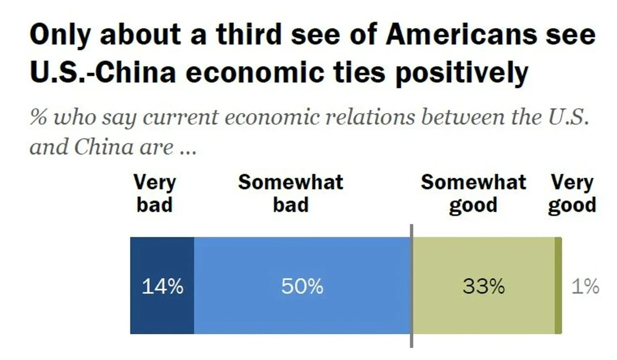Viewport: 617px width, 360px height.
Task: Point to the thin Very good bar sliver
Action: tap(558, 286)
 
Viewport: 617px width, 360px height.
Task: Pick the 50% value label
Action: tap(302, 287)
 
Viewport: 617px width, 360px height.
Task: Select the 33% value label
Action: tap(484, 287)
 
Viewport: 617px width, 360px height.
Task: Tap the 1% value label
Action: tap(585, 287)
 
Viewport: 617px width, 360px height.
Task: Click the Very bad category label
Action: tap(154, 193)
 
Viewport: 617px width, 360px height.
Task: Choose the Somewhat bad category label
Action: tap(291, 193)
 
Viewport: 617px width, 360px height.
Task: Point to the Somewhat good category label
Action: tap(473, 193)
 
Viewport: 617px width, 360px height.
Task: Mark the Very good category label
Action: tap(572, 193)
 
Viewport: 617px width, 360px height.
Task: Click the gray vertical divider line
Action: tap(411, 290)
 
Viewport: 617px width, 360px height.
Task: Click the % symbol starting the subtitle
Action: tap(38, 117)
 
